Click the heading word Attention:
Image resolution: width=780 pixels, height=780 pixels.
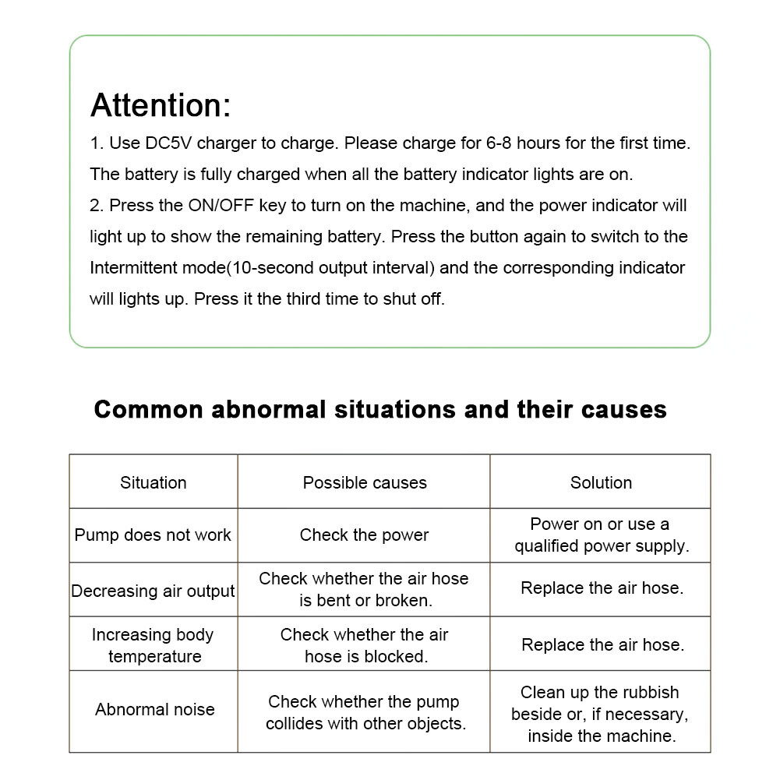click(x=161, y=105)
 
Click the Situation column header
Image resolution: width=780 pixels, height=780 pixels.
click(x=154, y=482)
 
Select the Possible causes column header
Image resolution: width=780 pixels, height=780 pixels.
click(x=365, y=482)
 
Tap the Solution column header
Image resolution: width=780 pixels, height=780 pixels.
click(x=601, y=482)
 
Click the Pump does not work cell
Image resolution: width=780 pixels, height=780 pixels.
click(x=153, y=535)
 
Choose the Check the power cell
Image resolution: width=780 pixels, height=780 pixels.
click(x=364, y=535)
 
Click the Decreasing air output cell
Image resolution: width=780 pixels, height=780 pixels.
click(x=153, y=591)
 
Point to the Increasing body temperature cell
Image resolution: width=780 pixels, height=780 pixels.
click(x=153, y=645)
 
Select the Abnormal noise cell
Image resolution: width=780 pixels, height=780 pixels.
click(x=154, y=709)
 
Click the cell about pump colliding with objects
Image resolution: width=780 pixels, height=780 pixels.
click(x=365, y=712)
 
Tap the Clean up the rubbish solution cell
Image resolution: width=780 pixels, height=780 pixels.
click(x=600, y=713)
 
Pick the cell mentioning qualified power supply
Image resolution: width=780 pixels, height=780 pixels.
click(x=601, y=535)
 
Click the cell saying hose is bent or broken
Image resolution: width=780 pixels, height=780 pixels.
click(x=364, y=590)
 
